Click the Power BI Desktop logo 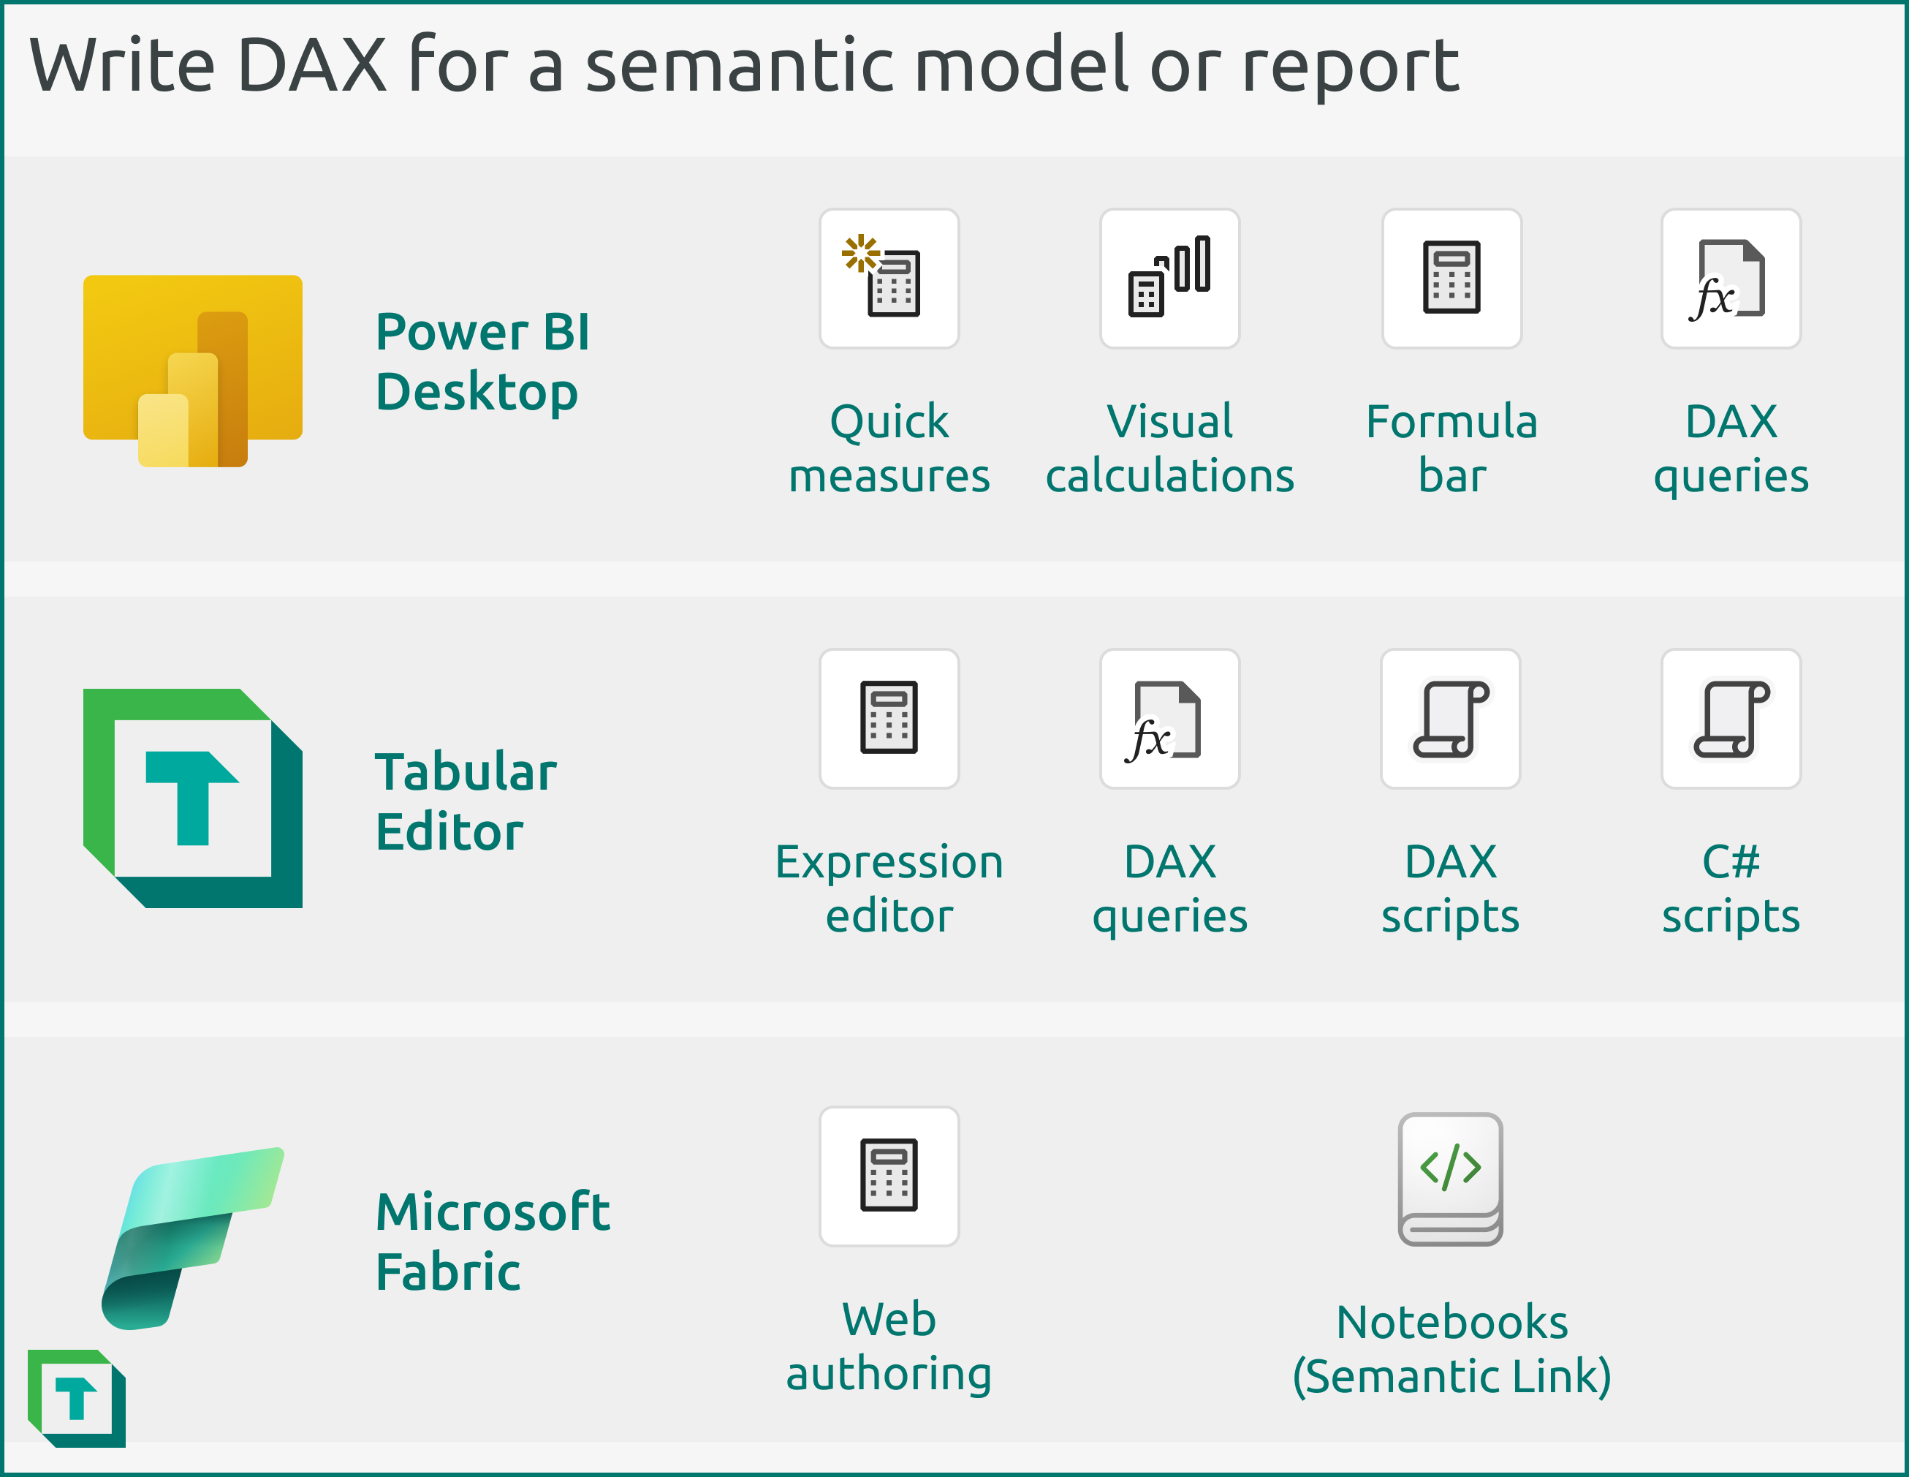click(192, 369)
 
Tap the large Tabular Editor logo click(192, 798)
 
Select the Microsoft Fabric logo click(192, 1237)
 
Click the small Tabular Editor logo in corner click(77, 1397)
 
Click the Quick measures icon click(889, 278)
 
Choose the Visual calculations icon click(1169, 278)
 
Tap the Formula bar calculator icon click(1451, 278)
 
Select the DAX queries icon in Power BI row click(1731, 278)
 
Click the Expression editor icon click(889, 718)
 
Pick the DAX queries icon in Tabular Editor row click(1169, 718)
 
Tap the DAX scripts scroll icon click(1451, 718)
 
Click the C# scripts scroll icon click(1731, 718)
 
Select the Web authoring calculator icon click(889, 1175)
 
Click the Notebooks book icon click(1451, 1178)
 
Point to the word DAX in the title click(312, 66)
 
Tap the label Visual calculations click(1169, 449)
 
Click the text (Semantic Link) click(1451, 1375)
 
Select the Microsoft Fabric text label click(492, 1241)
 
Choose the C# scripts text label click(1731, 888)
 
